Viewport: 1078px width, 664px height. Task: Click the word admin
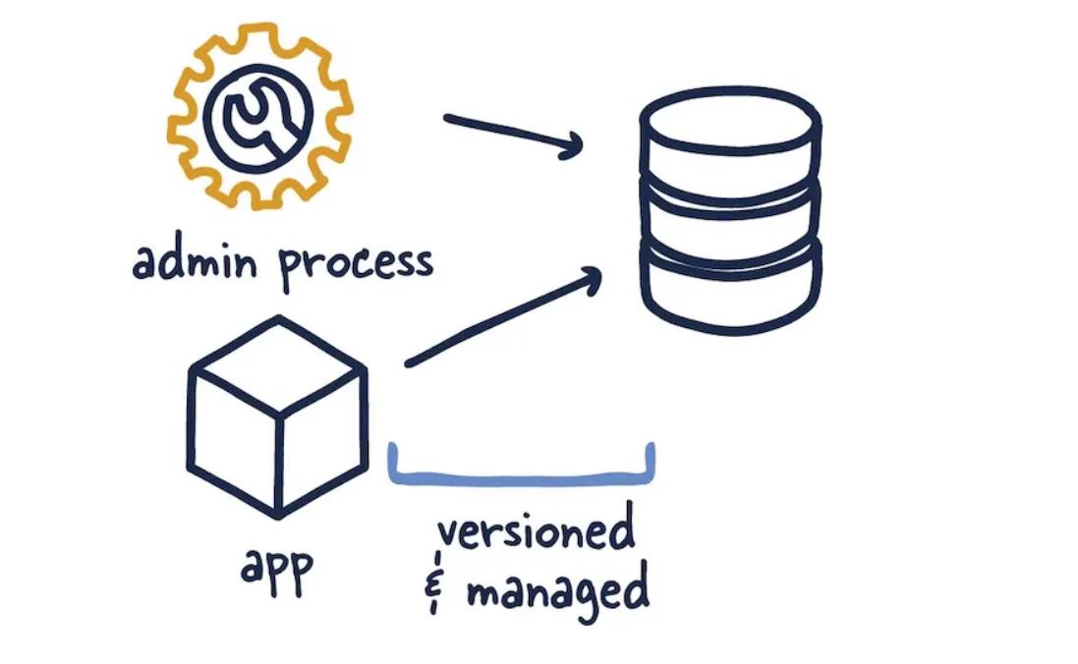pos(197,263)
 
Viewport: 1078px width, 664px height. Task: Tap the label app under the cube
pos(277,570)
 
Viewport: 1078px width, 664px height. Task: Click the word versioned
pos(536,531)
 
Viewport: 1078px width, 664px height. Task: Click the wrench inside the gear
pos(257,118)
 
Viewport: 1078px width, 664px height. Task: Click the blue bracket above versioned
pos(521,478)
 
